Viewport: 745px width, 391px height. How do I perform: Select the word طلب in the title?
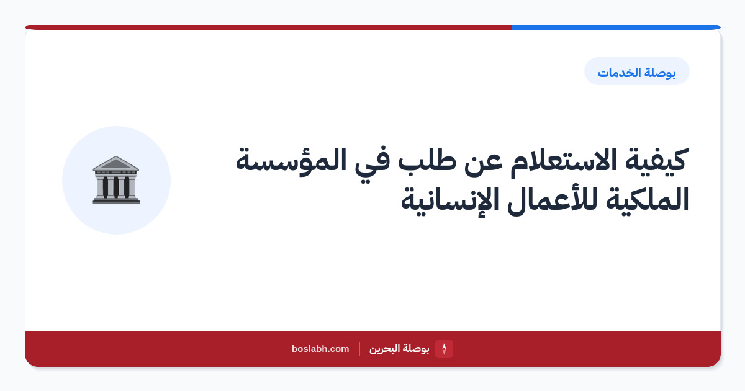(x=427, y=160)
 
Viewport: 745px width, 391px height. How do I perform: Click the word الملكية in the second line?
(x=647, y=200)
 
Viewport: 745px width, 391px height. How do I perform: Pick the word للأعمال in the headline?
(x=552, y=199)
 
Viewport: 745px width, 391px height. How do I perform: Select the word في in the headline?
(x=372, y=162)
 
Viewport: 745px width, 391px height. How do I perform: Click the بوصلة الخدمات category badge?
(x=636, y=71)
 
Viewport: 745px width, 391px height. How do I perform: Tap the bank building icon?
(x=115, y=180)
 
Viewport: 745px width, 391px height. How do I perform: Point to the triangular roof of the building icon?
(x=115, y=163)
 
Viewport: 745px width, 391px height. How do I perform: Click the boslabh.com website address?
(x=320, y=349)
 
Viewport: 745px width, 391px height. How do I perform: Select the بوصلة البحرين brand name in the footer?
(x=399, y=349)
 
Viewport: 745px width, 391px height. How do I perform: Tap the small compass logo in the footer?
(x=444, y=349)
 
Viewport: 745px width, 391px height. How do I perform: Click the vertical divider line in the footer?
(x=359, y=349)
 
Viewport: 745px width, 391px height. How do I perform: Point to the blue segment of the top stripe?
(x=616, y=27)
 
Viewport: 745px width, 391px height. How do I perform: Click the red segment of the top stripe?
(x=268, y=27)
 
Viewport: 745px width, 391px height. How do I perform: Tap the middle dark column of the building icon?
(x=115, y=187)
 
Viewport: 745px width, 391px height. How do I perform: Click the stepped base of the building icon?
(x=115, y=200)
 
